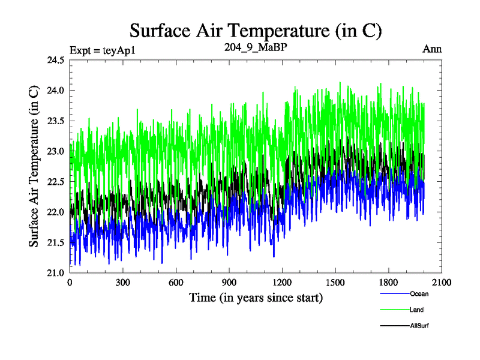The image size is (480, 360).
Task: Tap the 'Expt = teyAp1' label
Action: pyautogui.click(x=103, y=50)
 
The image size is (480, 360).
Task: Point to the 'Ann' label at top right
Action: pyautogui.click(x=433, y=49)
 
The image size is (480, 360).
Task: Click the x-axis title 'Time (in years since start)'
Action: pyautogui.click(x=256, y=297)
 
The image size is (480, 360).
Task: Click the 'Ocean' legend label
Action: pyautogui.click(x=419, y=294)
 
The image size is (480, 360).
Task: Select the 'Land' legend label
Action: pyautogui.click(x=417, y=310)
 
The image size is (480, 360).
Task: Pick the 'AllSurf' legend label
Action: pyautogui.click(x=420, y=325)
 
